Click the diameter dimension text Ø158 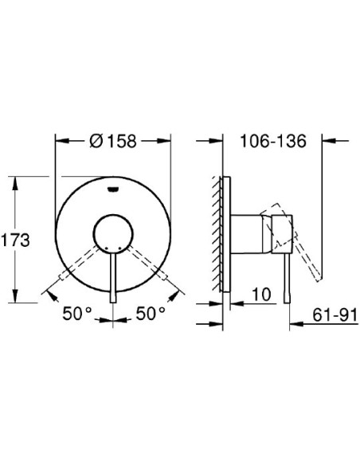(x=113, y=142)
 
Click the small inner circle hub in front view (x=114, y=236)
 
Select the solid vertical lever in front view (x=115, y=279)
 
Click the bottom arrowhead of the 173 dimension (x=17, y=300)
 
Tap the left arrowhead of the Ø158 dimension (x=59, y=142)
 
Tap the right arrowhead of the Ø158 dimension (x=168, y=142)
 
